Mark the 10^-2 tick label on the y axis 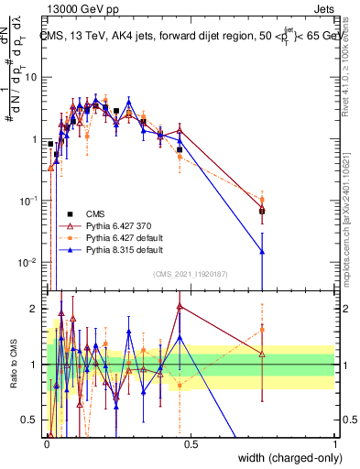(x=30, y=262)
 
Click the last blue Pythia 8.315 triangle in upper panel (x=262, y=251)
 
